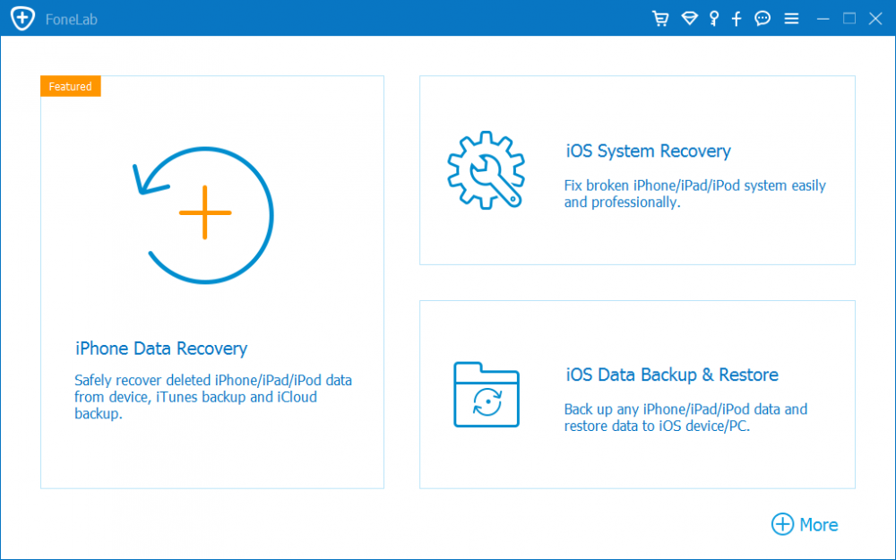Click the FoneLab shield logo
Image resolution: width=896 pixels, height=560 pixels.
[x=23, y=19]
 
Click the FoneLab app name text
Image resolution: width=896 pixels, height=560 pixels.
[x=72, y=20]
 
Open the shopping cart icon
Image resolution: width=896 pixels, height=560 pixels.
[x=660, y=19]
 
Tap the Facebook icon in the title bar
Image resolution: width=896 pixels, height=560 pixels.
[x=737, y=19]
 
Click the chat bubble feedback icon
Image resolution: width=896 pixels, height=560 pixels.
[x=762, y=19]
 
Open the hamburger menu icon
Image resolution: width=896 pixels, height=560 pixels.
[x=791, y=19]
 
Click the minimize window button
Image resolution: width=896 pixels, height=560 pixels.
[x=823, y=19]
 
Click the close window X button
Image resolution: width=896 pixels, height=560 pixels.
[x=875, y=19]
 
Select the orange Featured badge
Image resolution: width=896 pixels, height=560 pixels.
[x=71, y=86]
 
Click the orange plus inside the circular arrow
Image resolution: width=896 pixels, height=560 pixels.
[x=205, y=212]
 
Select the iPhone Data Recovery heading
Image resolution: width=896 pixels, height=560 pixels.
[x=161, y=348]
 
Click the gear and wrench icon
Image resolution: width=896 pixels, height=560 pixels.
[x=486, y=170]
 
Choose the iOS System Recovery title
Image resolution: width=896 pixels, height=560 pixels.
[x=648, y=151]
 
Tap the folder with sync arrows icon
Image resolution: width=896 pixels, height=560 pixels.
[x=487, y=395]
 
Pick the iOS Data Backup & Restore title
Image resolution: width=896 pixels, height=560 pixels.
[x=672, y=375]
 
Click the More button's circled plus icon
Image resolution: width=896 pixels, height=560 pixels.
[x=782, y=524]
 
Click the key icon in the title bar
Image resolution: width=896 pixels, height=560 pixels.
[x=714, y=19]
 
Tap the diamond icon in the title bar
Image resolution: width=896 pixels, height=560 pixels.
[x=690, y=19]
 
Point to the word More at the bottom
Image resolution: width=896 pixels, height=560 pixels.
[x=819, y=524]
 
